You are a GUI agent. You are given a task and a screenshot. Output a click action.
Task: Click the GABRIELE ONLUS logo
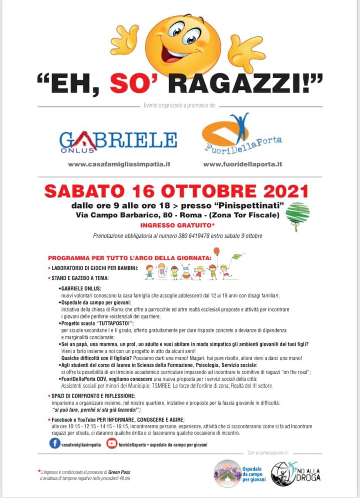pos(118,141)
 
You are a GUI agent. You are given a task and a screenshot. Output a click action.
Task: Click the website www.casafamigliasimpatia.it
pos(119,164)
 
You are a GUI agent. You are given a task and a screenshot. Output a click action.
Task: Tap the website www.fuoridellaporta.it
pos(243,164)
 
